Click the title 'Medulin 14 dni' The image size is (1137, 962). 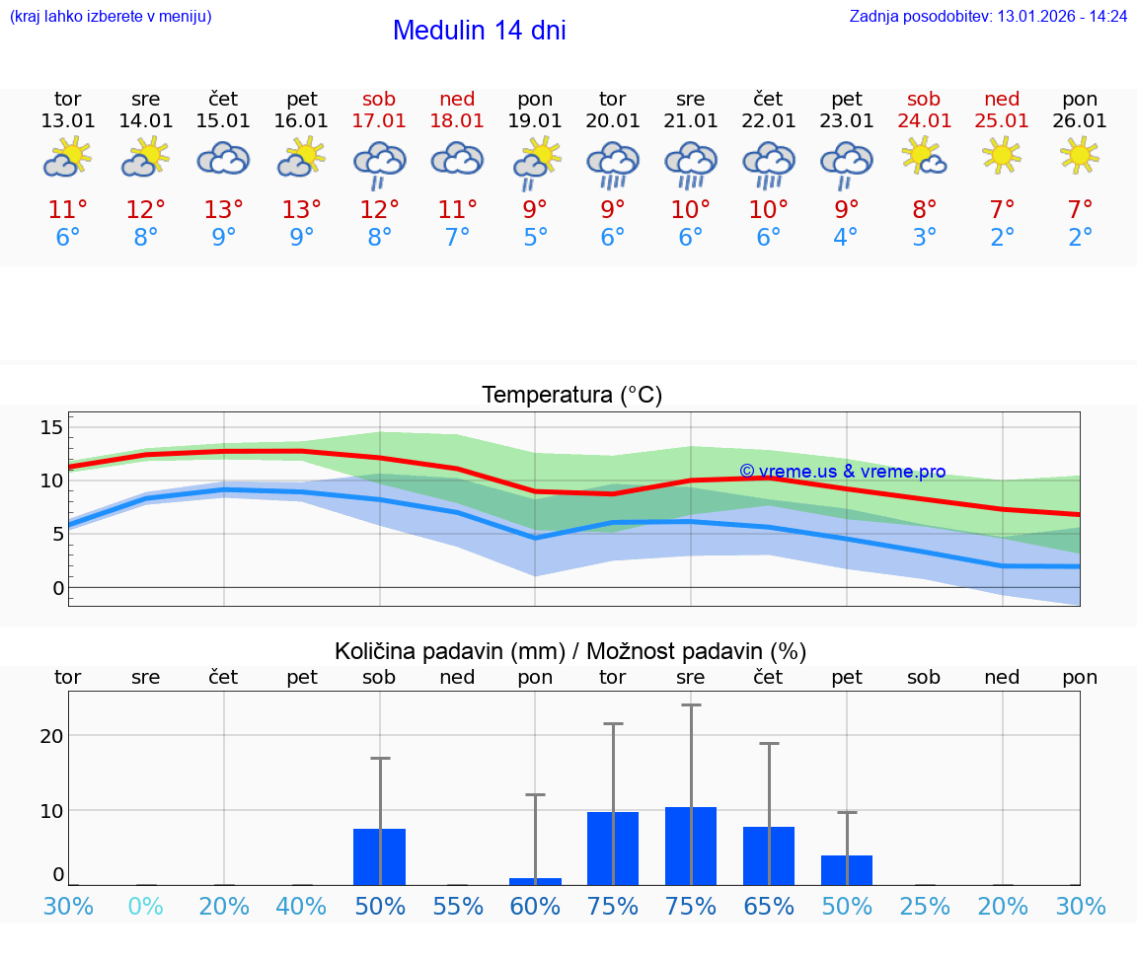click(x=479, y=31)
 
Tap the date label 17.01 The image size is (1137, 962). click(x=379, y=121)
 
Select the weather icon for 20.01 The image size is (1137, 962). click(x=613, y=164)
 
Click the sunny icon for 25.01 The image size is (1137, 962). click(x=1002, y=155)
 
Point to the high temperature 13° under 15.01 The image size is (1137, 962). click(x=224, y=210)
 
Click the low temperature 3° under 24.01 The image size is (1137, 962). click(x=925, y=238)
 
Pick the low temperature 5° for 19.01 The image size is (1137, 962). click(x=535, y=238)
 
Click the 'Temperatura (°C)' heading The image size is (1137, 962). click(x=571, y=396)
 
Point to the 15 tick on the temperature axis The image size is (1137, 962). click(x=51, y=427)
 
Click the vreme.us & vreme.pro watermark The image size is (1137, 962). click(x=842, y=472)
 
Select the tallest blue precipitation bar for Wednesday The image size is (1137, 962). click(x=691, y=846)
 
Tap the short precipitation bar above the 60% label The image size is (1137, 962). click(x=535, y=881)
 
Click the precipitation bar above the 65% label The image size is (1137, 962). click(x=769, y=855)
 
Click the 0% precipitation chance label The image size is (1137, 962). click(x=146, y=907)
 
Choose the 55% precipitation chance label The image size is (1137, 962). click(x=458, y=907)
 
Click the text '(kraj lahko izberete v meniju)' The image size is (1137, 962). click(x=111, y=17)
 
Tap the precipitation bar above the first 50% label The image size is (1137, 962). click(x=379, y=856)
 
